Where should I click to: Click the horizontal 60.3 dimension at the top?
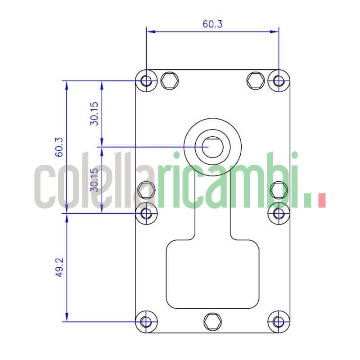tap(212, 24)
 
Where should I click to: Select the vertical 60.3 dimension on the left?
tap(59, 146)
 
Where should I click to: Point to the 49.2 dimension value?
tap(59, 267)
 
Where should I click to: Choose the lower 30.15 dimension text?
tap(94, 180)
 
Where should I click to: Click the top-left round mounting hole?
tap(146, 81)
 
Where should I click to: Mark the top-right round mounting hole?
tap(279, 81)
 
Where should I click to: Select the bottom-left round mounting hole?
tap(146, 322)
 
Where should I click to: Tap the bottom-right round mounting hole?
tap(279, 322)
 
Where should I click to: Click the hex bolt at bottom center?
tap(212, 321)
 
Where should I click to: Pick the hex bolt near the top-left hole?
tap(169, 81)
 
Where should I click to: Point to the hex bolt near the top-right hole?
tap(256, 81)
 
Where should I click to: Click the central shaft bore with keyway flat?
tap(212, 147)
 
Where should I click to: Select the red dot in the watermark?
tap(321, 200)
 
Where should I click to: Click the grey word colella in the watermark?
tap(94, 182)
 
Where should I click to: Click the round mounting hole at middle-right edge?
tap(279, 213)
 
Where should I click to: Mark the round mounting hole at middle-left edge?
tap(146, 213)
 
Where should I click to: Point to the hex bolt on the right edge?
tap(279, 190)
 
